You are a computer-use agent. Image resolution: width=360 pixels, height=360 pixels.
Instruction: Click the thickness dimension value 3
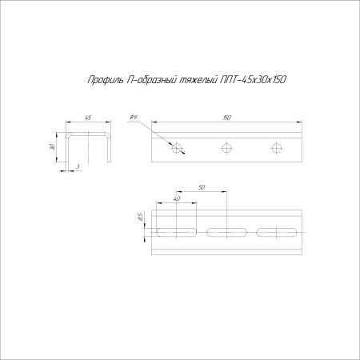(x=78, y=166)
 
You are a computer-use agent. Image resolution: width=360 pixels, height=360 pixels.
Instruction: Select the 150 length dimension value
(x=228, y=118)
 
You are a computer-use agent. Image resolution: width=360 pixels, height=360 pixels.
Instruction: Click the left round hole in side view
(x=177, y=147)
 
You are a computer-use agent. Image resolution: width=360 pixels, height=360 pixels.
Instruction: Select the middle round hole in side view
(x=227, y=147)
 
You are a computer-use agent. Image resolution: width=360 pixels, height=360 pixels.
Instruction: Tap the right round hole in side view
(x=278, y=147)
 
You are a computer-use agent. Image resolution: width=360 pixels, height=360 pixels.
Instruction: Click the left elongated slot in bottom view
(x=177, y=233)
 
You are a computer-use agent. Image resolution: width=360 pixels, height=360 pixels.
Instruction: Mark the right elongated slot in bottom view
(x=277, y=233)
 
